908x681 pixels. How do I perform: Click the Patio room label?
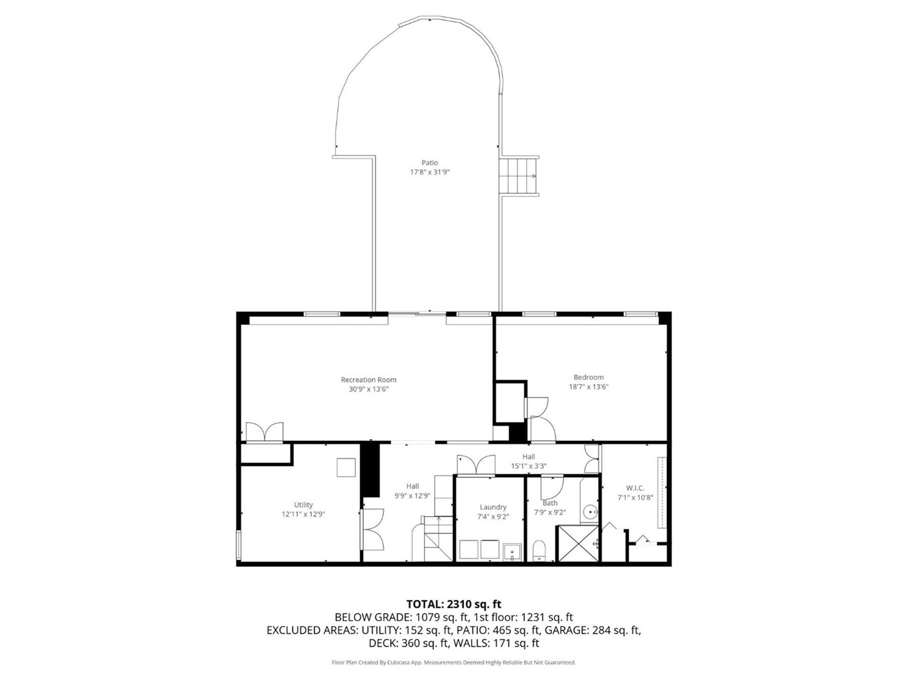point(429,163)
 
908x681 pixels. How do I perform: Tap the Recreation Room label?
point(368,379)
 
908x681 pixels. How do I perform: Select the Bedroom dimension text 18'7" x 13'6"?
point(588,387)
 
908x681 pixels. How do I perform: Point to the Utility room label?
point(304,505)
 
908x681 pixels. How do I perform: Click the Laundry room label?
point(493,507)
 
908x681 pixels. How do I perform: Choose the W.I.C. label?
point(635,488)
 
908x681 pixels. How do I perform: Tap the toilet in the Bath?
point(539,551)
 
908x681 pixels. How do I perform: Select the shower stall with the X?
point(578,544)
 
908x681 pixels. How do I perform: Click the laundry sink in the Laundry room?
point(512,553)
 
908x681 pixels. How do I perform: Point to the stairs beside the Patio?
point(519,176)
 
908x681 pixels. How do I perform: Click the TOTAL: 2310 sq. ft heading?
point(454,604)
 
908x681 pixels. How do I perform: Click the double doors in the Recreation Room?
point(265,432)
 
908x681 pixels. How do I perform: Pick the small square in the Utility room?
point(346,467)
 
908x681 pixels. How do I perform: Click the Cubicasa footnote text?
point(453,662)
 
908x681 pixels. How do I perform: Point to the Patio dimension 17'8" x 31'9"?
point(429,172)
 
